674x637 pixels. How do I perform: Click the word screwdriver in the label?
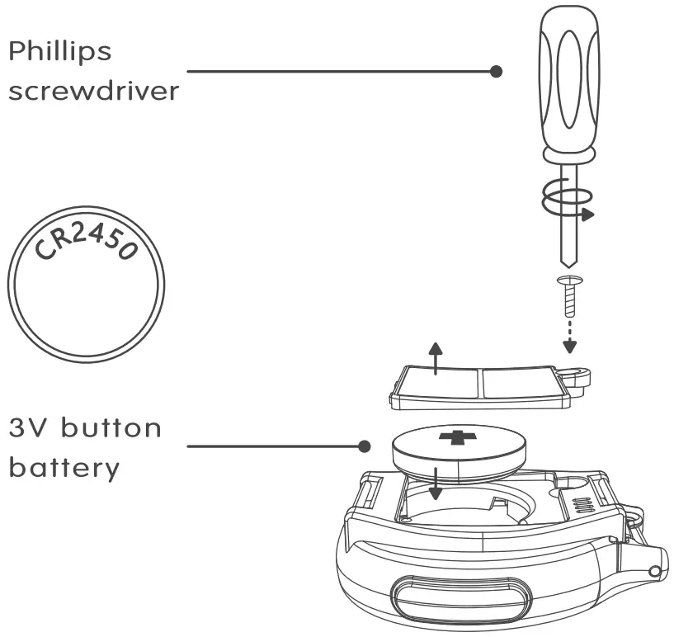click(93, 90)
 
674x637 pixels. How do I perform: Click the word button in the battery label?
click(111, 428)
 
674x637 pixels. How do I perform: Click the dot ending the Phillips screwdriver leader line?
click(496, 72)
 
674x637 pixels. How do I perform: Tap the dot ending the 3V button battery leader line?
click(363, 447)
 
